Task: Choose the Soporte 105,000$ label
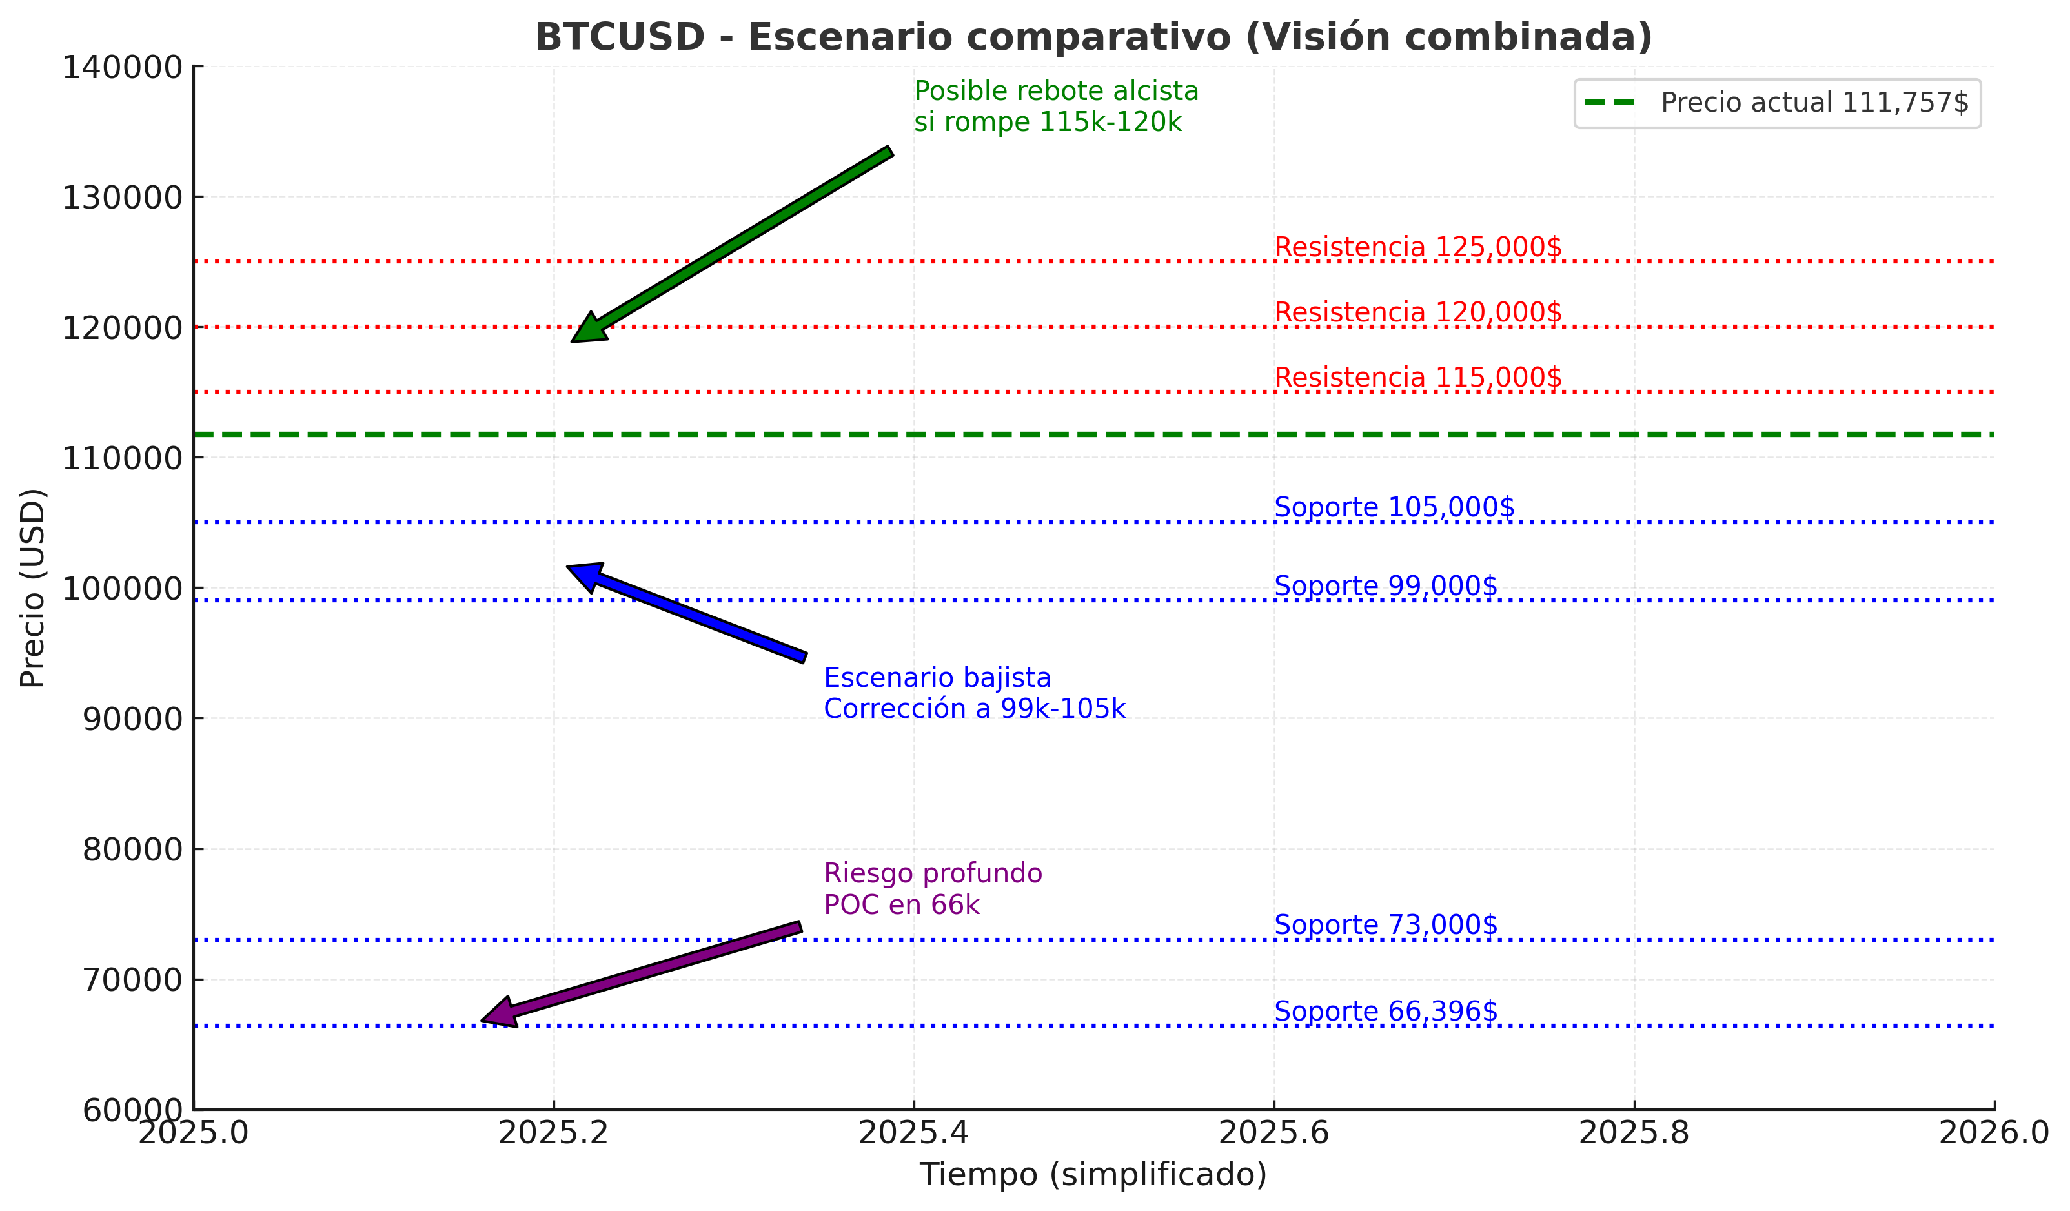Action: pyautogui.click(x=1394, y=508)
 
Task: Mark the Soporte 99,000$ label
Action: pyautogui.click(x=1386, y=587)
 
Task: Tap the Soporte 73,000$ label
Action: pyautogui.click(x=1386, y=925)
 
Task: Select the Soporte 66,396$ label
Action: pyautogui.click(x=1386, y=1012)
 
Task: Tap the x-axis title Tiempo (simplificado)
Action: pyautogui.click(x=1093, y=1175)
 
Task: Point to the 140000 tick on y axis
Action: pyautogui.click(x=121, y=67)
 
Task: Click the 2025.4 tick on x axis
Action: pyautogui.click(x=913, y=1134)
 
